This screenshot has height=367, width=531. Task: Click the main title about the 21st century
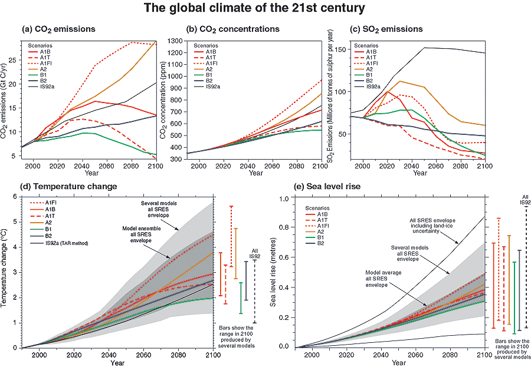click(265, 10)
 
